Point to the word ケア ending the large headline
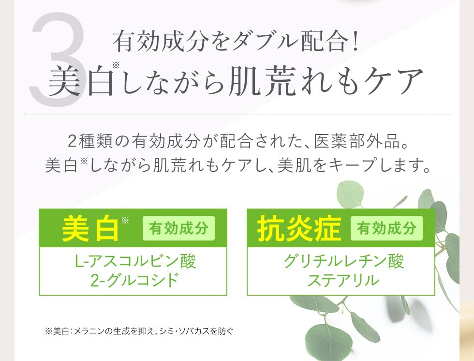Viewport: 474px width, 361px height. coord(393,81)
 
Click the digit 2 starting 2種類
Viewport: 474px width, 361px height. coord(72,141)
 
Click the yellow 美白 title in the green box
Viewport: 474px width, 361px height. coord(90,228)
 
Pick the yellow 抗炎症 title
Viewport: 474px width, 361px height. coord(299,228)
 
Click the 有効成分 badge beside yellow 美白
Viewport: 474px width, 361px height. coord(178,228)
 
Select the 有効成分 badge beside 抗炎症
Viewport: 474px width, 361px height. coord(386,228)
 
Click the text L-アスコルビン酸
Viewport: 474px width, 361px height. coord(135,261)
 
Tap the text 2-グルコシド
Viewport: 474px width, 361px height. coord(135,280)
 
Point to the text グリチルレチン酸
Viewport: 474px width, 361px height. coord(343,261)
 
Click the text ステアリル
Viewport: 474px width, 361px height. coord(343,280)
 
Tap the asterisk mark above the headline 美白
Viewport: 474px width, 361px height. coord(116,65)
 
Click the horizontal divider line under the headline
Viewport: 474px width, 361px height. coord(237,115)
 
